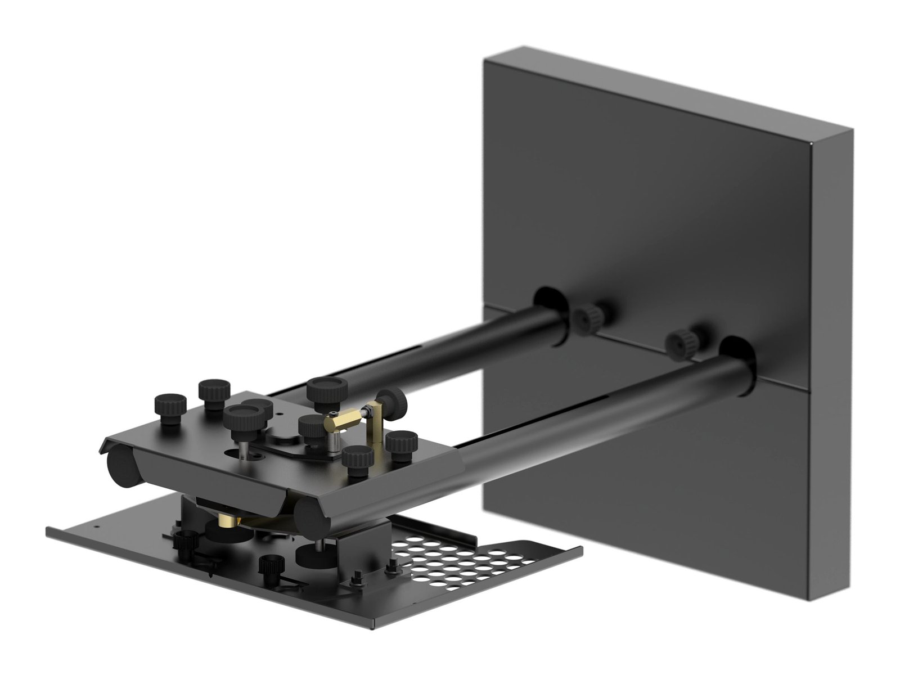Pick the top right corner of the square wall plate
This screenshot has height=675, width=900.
click(850, 133)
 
